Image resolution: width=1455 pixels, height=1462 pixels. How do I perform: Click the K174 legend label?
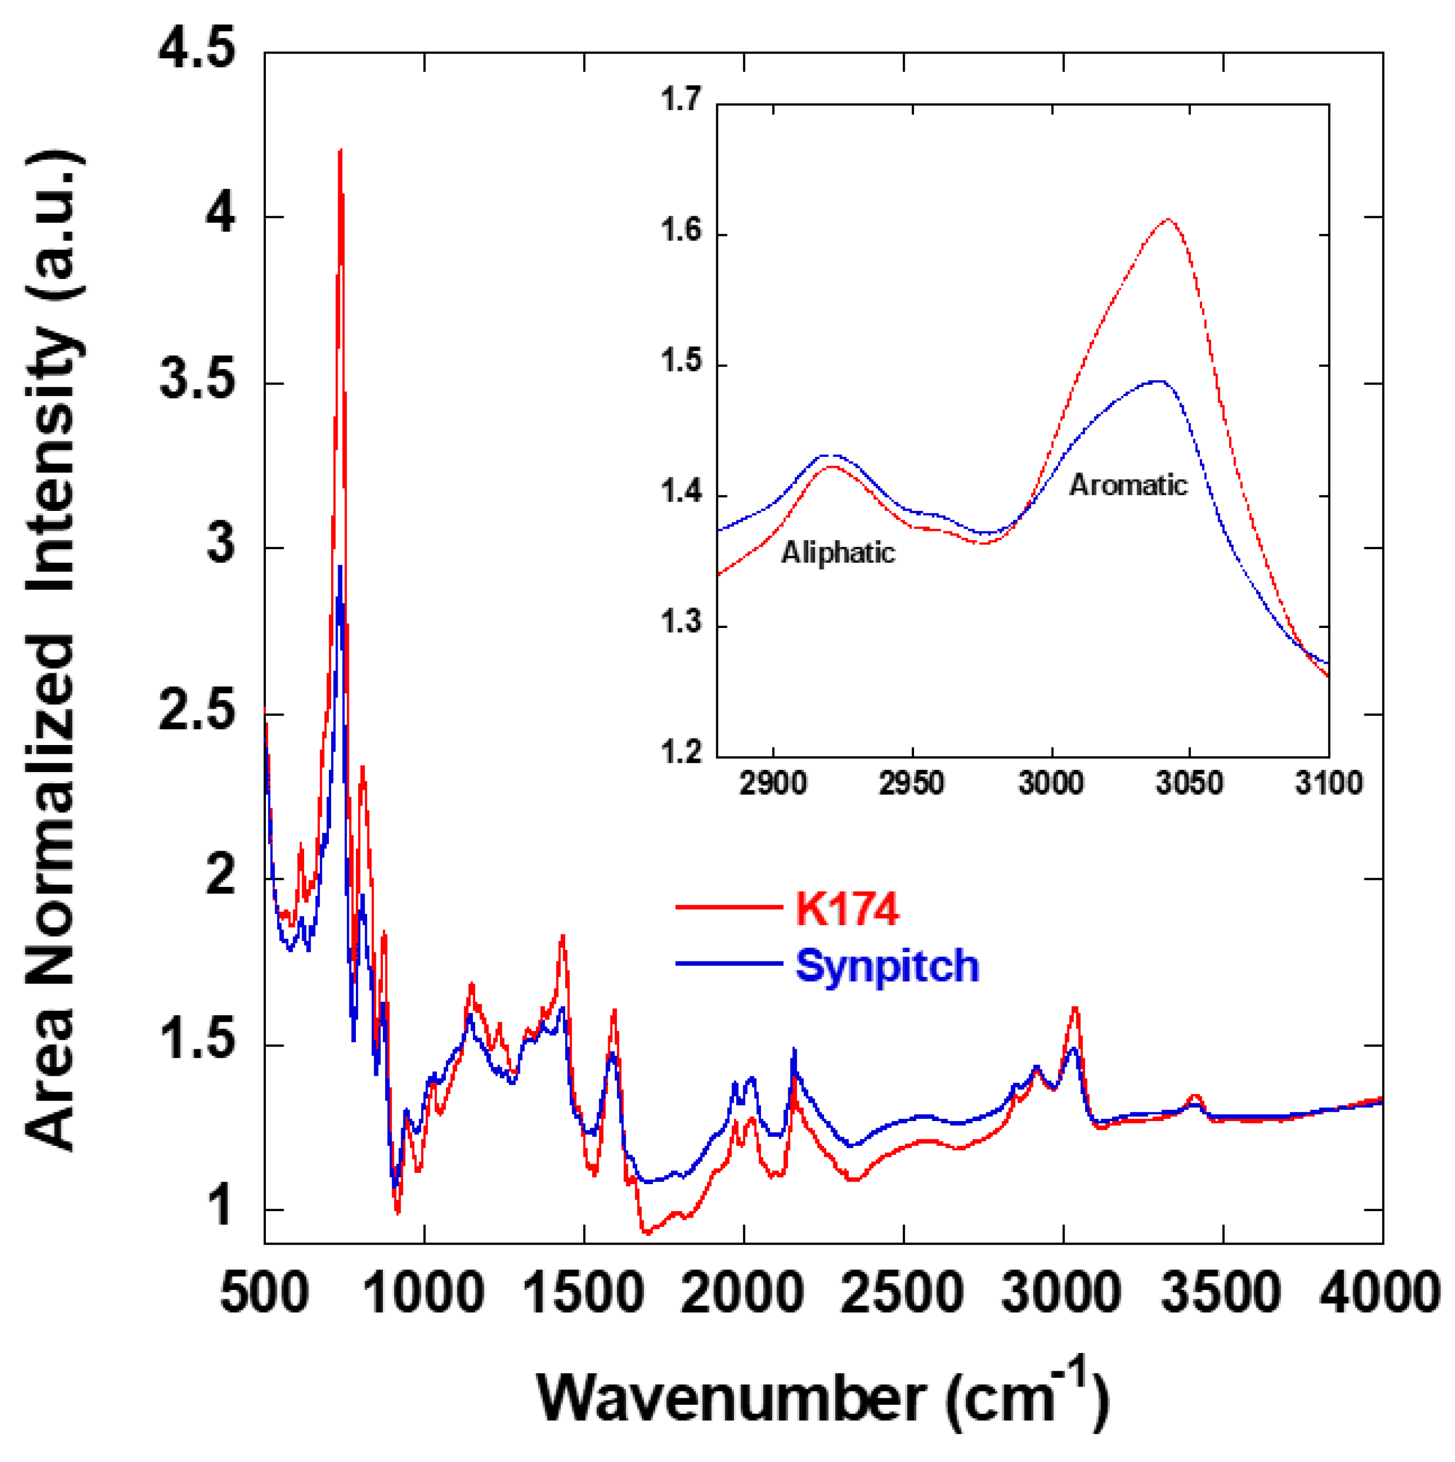[847, 910]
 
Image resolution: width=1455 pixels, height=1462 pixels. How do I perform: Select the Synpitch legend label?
[887, 966]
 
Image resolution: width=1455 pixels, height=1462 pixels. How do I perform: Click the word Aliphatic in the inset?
[838, 553]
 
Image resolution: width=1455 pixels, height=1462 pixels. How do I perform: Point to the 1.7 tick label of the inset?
[681, 99]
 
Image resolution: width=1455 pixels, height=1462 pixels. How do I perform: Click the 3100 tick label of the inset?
[1328, 783]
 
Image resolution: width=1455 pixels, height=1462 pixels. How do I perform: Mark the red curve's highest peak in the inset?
[1168, 220]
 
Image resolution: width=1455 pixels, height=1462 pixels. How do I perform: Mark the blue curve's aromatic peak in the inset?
[1158, 381]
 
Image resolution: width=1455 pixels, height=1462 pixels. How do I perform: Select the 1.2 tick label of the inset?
[681, 754]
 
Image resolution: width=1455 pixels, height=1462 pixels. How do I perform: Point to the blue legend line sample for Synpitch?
[728, 964]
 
